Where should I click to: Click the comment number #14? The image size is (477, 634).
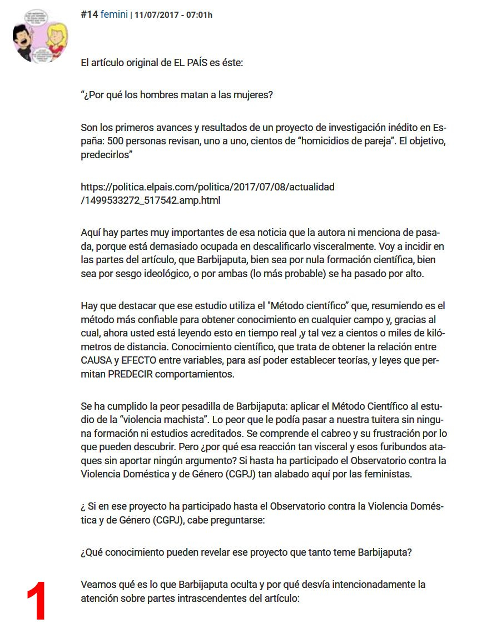point(89,14)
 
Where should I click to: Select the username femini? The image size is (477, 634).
point(114,14)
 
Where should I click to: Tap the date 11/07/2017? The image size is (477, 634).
point(158,15)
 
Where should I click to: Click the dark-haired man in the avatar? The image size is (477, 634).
point(26,42)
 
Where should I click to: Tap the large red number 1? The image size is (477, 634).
point(37,602)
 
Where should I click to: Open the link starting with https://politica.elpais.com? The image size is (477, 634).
point(207,187)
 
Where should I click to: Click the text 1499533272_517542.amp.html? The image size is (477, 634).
point(150,200)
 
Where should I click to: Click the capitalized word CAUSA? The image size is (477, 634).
point(97,360)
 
